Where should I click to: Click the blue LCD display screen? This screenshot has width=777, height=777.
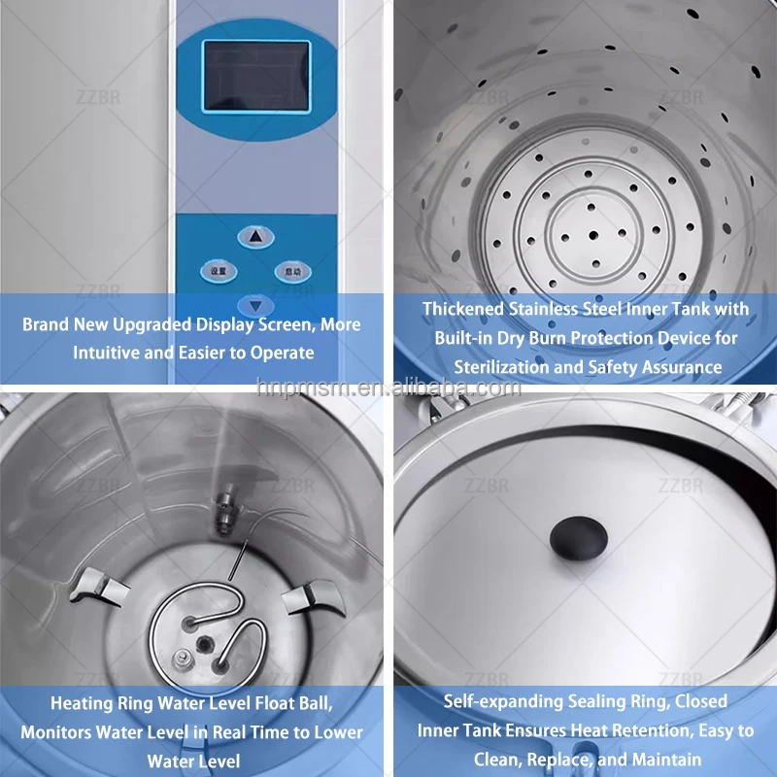(x=255, y=76)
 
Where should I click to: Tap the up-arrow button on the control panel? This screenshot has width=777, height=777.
(x=254, y=236)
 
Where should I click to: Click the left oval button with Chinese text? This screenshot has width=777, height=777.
(x=219, y=271)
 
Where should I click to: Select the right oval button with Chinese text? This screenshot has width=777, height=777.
(x=292, y=271)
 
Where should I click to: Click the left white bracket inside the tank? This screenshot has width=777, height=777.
(x=103, y=585)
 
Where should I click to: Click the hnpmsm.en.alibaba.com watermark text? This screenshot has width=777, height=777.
(x=389, y=388)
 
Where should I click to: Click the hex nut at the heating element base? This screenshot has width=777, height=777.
(x=181, y=660)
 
